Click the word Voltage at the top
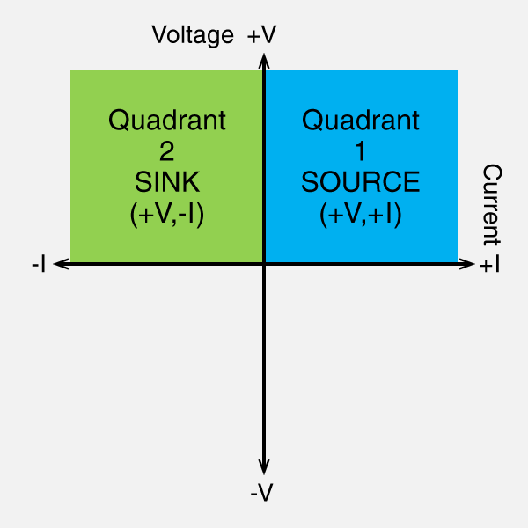click(x=193, y=35)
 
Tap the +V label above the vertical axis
click(x=262, y=35)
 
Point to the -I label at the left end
click(x=38, y=264)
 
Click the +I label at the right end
click(x=490, y=265)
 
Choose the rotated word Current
click(x=493, y=204)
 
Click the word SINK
click(x=167, y=182)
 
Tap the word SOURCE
click(x=361, y=182)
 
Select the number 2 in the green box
click(x=167, y=151)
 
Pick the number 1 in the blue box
click(x=361, y=151)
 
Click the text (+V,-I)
click(x=167, y=214)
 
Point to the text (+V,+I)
click(x=361, y=214)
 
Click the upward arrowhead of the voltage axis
click(x=264, y=61)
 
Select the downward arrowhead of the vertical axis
click(x=264, y=467)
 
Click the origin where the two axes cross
click(x=264, y=262)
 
